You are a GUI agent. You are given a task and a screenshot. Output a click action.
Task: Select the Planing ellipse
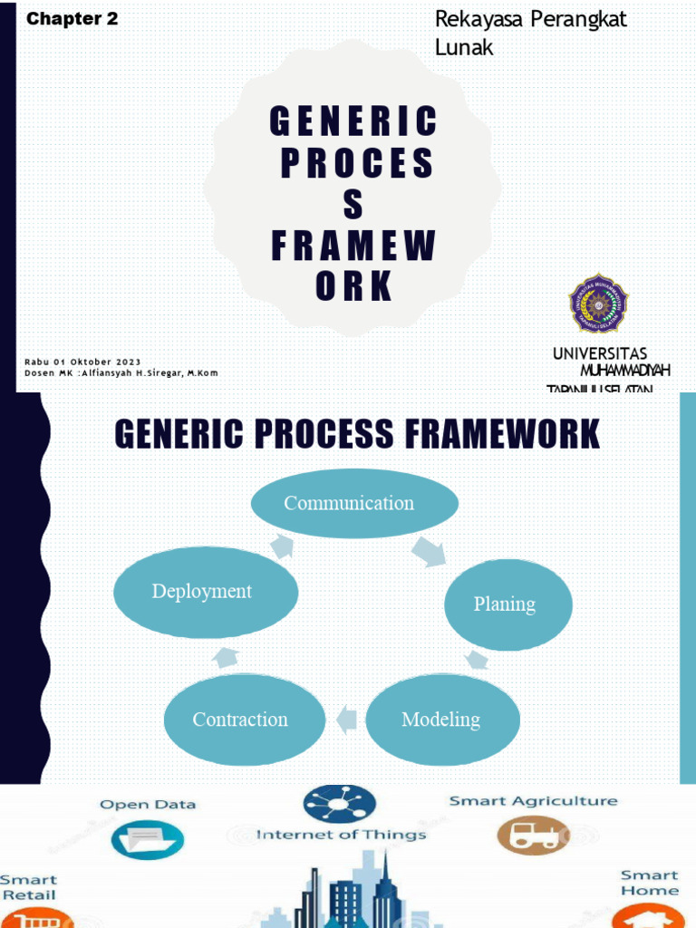[507, 604]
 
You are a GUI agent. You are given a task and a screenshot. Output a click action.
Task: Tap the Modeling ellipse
[441, 720]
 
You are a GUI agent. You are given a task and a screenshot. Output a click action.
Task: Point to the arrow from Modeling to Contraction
[345, 720]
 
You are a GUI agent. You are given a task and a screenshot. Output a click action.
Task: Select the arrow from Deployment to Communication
[282, 546]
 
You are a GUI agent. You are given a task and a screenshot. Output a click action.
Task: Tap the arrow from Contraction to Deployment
[226, 658]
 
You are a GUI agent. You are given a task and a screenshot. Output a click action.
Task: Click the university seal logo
[598, 304]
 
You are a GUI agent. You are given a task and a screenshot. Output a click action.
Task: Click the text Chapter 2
[72, 19]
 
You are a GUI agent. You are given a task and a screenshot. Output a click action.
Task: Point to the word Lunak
[464, 48]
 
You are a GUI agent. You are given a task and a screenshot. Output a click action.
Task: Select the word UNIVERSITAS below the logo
[600, 353]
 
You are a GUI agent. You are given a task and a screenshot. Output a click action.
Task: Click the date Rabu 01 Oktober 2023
[82, 362]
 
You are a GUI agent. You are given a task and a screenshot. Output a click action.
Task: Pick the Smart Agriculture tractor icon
[534, 834]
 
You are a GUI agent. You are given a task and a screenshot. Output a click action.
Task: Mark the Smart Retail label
[28, 887]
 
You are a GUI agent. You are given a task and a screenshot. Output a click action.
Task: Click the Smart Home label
[650, 883]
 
